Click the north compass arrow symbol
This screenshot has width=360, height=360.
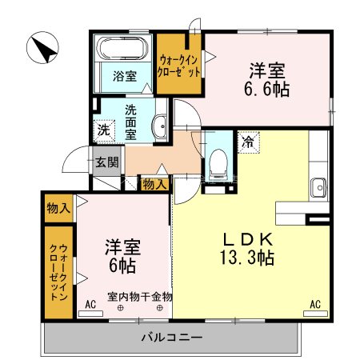click(42, 48)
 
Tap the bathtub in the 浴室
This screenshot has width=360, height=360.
click(122, 48)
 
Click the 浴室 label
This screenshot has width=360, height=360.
click(125, 76)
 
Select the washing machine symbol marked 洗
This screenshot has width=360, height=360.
click(104, 130)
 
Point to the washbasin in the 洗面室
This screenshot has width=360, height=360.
click(160, 126)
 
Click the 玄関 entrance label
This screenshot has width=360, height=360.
click(107, 162)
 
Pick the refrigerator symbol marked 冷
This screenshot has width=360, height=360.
click(248, 142)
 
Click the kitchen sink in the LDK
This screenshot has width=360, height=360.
click(318, 187)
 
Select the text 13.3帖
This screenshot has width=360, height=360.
click(247, 258)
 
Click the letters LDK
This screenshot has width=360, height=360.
click(248, 239)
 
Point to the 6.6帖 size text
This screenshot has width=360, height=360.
click(266, 90)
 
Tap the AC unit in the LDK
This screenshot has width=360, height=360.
click(315, 314)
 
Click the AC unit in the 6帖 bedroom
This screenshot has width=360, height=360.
click(90, 314)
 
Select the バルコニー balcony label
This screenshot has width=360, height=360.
click(172, 338)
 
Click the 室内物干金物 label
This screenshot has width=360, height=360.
click(140, 297)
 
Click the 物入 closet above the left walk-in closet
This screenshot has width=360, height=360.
click(58, 208)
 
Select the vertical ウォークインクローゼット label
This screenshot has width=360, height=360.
click(58, 272)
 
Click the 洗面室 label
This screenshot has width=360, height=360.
click(130, 122)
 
